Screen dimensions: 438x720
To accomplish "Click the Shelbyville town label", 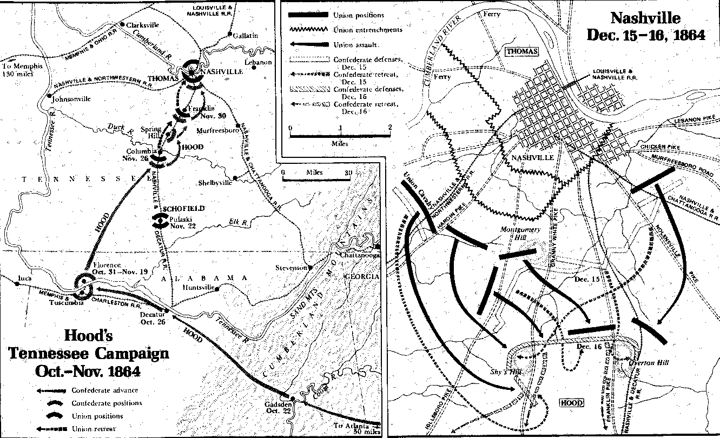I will point(216,182).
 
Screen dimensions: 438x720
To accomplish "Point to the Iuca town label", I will point(24,278).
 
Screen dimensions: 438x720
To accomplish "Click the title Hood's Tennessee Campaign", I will point(88,354).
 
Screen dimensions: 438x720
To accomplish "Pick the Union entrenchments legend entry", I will point(368,30).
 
